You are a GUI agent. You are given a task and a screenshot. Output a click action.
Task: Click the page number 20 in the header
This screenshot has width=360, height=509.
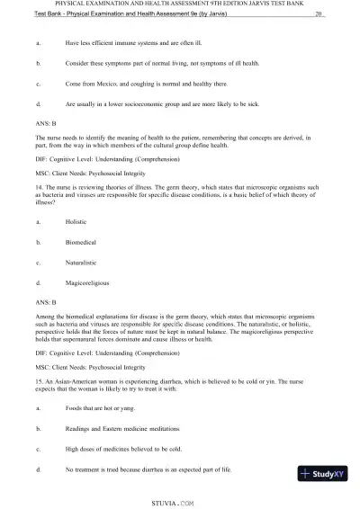click(320, 15)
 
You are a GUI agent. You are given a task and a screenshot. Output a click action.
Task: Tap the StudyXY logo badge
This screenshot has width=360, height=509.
click(328, 473)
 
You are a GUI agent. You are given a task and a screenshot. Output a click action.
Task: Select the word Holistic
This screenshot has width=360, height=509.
click(77, 220)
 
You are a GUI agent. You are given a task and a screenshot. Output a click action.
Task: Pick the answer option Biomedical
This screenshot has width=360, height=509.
click(81, 241)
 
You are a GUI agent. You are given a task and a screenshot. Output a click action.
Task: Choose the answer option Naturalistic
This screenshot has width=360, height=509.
click(82, 262)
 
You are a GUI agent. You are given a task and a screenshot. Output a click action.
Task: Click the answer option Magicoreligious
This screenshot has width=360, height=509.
click(87, 282)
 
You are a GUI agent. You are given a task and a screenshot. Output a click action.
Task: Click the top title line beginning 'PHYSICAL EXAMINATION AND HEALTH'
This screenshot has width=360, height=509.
click(180, 4)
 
